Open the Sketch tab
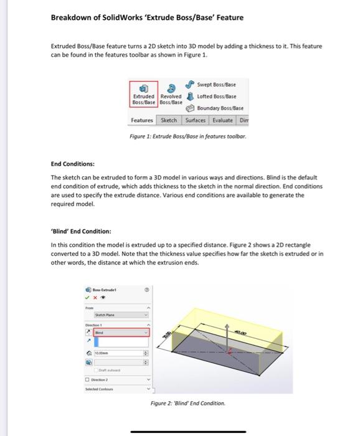pos(169,120)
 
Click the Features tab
pos(143,120)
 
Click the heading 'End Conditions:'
pos(72,164)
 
